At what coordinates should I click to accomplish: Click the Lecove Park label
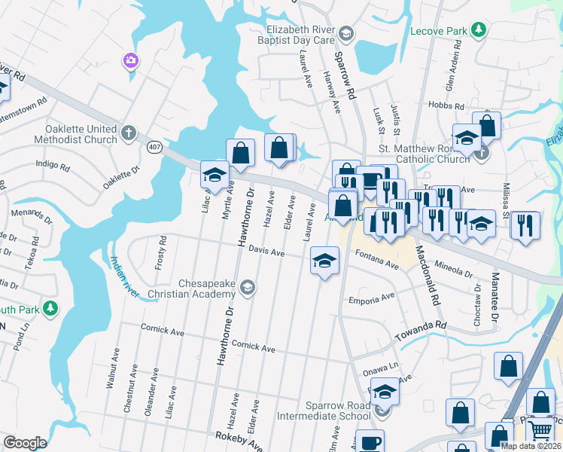(x=438, y=32)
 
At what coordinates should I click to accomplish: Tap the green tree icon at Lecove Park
(x=478, y=31)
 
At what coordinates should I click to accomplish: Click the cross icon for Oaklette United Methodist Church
(x=129, y=134)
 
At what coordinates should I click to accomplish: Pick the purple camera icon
(x=131, y=60)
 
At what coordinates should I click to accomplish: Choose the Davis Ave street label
(x=266, y=252)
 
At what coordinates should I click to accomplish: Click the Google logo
(x=25, y=443)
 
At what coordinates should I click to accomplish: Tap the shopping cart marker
(x=541, y=432)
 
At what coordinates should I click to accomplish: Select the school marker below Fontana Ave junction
(x=325, y=261)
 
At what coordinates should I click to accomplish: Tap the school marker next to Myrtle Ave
(x=215, y=175)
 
